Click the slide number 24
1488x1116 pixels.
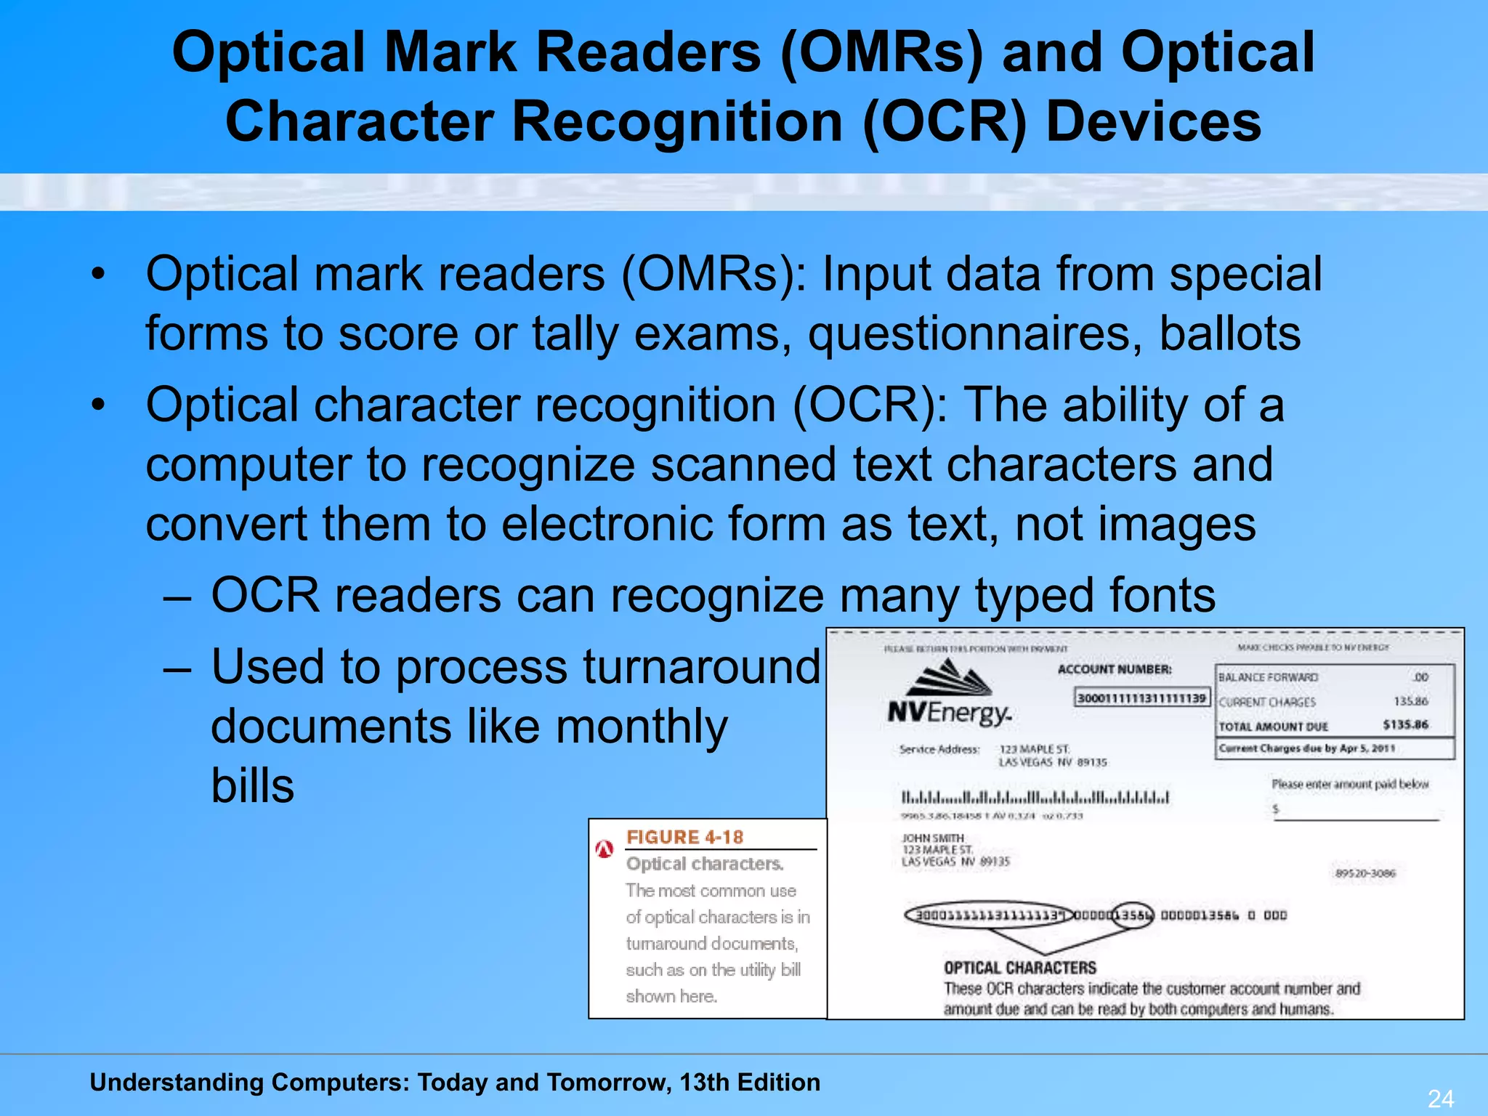1441,1098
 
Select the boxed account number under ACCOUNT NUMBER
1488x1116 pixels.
1141,698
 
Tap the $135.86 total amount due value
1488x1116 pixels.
1405,724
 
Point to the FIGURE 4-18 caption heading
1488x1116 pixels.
684,837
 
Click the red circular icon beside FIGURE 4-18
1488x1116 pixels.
604,848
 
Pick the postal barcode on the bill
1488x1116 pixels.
1035,797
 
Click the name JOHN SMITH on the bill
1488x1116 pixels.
933,838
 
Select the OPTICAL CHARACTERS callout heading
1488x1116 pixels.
1019,968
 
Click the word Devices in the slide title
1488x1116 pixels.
1153,121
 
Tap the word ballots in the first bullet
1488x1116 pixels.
1229,333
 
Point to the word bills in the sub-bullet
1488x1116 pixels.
253,785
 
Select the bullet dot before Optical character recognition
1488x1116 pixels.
99,404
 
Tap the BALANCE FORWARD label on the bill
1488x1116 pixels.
1268,677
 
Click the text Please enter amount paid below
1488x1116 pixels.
1350,784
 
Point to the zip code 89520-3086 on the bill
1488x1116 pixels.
1365,873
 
